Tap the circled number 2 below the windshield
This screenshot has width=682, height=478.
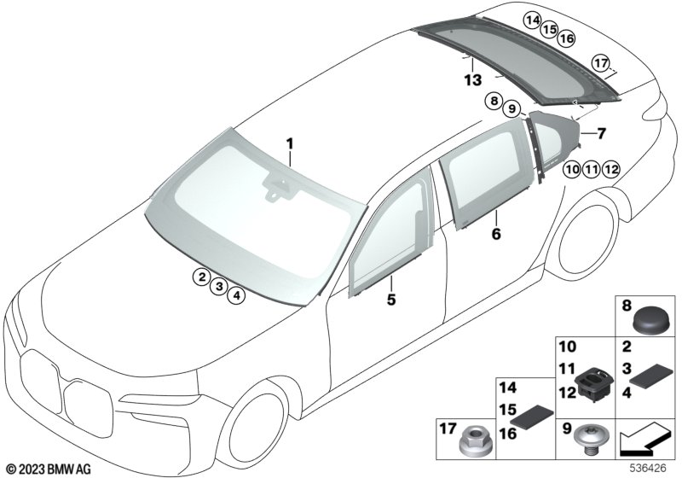click(200, 277)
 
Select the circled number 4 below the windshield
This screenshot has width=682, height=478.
click(237, 295)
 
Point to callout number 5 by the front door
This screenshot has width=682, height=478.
click(391, 300)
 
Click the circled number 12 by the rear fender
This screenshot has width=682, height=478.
click(609, 169)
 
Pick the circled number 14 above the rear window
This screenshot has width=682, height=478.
click(533, 19)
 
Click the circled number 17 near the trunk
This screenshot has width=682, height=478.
click(601, 63)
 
